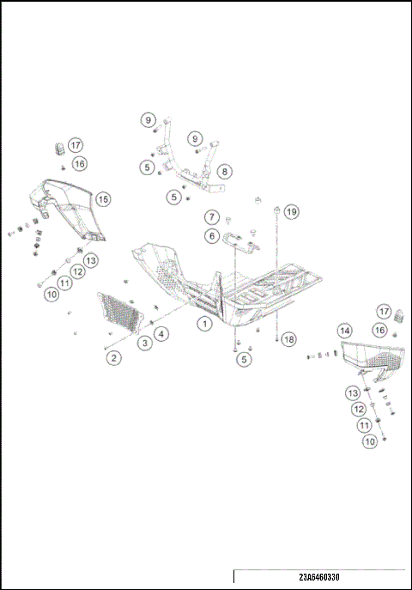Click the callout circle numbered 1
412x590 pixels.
(204, 324)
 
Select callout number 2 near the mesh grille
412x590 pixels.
(112, 357)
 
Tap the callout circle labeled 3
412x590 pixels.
(145, 343)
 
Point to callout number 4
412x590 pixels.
(161, 333)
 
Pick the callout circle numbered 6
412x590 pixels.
(210, 235)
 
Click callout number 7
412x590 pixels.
(211, 216)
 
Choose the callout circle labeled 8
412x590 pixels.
(223, 172)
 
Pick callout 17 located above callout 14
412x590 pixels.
(385, 311)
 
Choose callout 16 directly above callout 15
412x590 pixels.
(79, 163)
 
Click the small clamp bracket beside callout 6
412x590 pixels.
(245, 245)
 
